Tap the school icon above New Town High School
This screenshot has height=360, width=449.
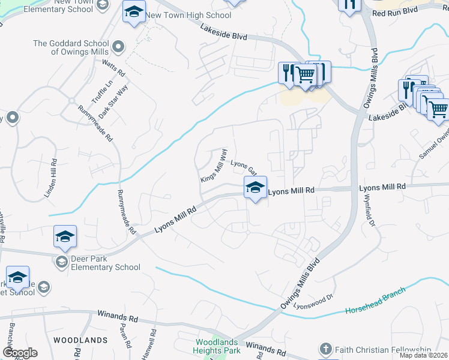(x=134, y=12)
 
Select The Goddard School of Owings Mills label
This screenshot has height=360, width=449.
(x=71, y=47)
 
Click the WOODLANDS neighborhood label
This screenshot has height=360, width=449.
(x=80, y=340)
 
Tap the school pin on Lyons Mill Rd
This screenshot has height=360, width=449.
(x=255, y=188)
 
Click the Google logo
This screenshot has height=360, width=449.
(x=20, y=353)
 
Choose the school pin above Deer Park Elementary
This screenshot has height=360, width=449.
(x=65, y=236)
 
